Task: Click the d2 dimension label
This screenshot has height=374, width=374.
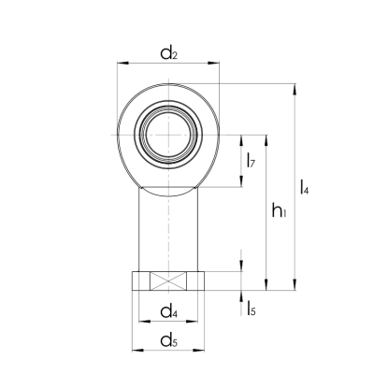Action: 168,52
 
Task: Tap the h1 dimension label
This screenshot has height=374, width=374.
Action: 278,213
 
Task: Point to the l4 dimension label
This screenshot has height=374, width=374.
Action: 304,187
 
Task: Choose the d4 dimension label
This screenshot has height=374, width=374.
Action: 169,310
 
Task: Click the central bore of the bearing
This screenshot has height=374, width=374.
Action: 169,133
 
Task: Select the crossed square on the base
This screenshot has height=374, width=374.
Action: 169,280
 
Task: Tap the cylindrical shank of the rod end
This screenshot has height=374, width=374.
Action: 169,229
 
